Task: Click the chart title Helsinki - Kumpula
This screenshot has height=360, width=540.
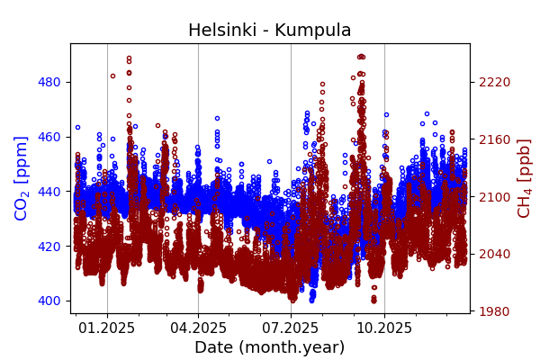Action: [269, 31]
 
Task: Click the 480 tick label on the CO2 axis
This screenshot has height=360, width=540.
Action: [49, 82]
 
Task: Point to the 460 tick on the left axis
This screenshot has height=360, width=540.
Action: [49, 137]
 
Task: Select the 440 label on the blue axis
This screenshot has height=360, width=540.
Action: [49, 192]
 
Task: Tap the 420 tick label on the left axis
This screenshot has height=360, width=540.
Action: [49, 246]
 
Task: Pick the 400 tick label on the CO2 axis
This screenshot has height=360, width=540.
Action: [49, 301]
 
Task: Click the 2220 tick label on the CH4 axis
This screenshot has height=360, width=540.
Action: [494, 82]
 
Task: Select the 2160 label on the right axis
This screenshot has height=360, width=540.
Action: [494, 139]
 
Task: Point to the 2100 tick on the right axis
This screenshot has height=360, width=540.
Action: [494, 197]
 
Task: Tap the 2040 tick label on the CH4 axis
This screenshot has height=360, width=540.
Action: [494, 254]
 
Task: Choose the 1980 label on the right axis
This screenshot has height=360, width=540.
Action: [494, 311]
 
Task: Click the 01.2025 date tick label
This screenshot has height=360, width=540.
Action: [107, 328]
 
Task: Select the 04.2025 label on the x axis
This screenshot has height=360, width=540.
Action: [198, 328]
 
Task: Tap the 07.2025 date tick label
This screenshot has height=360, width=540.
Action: [291, 328]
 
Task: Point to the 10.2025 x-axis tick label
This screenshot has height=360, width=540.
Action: [384, 328]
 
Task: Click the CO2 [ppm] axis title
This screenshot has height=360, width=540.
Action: [22, 178]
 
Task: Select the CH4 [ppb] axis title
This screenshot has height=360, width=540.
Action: [524, 178]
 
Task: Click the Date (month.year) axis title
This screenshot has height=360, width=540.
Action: [269, 347]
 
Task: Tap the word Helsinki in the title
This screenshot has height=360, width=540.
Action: [220, 31]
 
